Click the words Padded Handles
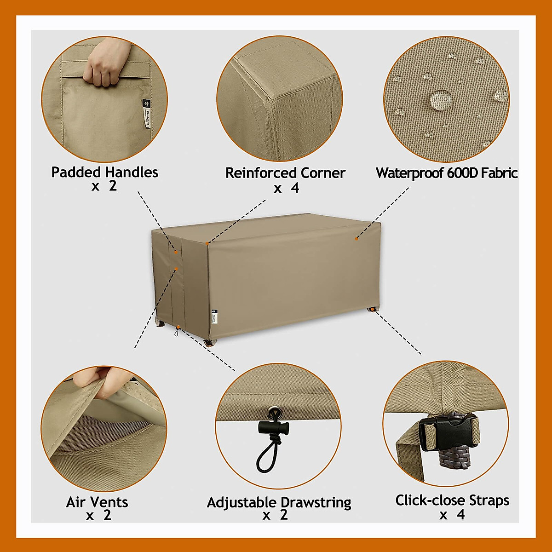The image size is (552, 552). [x=104, y=172]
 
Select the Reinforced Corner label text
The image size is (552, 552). [x=285, y=173]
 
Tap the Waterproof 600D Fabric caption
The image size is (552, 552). [x=447, y=173]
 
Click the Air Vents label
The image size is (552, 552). [x=97, y=502]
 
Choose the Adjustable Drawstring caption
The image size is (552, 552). [x=279, y=502]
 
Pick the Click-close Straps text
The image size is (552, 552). [x=452, y=500]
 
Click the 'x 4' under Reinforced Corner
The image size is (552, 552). [x=286, y=189]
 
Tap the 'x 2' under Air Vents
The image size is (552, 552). [x=98, y=516]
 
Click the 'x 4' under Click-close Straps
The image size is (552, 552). [x=452, y=515]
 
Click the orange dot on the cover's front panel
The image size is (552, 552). [x=356, y=238]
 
